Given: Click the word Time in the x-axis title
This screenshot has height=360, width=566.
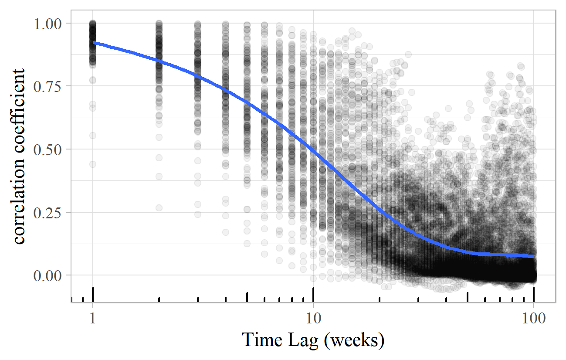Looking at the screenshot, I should pyautogui.click(x=259, y=340).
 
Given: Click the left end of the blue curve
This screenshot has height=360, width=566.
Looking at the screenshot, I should pyautogui.click(x=94, y=42).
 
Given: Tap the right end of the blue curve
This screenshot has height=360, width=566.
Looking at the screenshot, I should pyautogui.click(x=534, y=256).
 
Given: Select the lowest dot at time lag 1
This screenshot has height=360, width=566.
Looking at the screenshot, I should pyautogui.click(x=93, y=164).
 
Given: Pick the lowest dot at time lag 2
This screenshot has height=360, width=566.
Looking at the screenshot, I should pyautogui.click(x=159, y=208).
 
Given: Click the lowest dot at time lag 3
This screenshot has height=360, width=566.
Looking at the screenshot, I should pyautogui.click(x=198, y=214).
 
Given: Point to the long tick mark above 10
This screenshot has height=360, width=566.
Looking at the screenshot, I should pyautogui.click(x=313, y=294).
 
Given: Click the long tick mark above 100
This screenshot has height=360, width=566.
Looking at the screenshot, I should pyautogui.click(x=534, y=294).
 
